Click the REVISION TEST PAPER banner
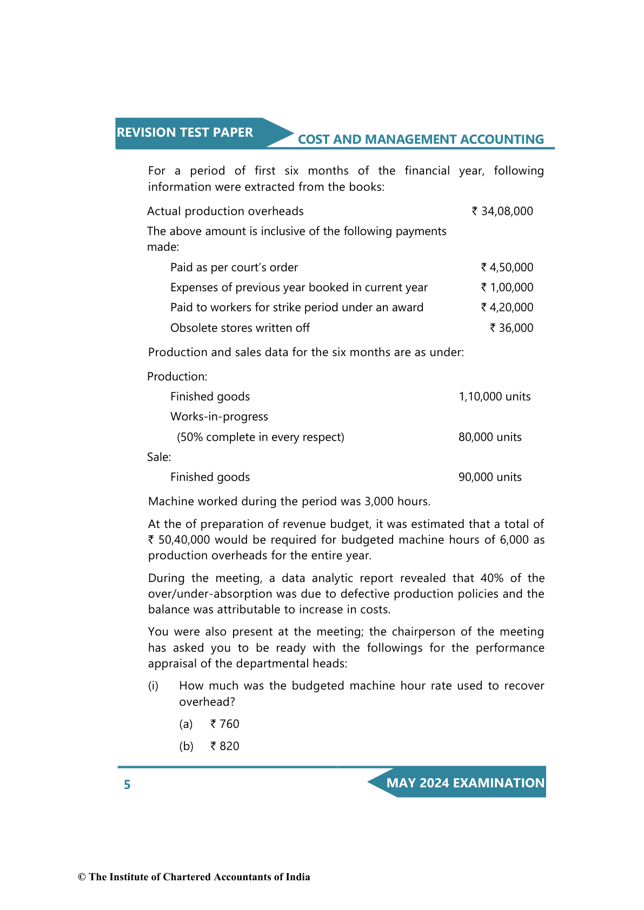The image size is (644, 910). click(185, 132)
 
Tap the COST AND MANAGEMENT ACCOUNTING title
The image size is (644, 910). click(420, 139)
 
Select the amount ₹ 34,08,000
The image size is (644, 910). click(502, 211)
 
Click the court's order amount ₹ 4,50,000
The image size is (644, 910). click(507, 267)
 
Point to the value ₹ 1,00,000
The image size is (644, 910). click(507, 287)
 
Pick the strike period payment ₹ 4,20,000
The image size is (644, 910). click(507, 307)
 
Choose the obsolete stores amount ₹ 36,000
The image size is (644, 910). click(512, 328)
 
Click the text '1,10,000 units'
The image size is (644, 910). click(494, 397)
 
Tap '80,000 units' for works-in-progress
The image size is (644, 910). click(490, 437)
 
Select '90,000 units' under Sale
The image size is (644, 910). click(490, 477)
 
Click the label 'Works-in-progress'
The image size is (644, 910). click(219, 417)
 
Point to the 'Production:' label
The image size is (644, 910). click(177, 377)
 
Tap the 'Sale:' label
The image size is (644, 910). click(159, 457)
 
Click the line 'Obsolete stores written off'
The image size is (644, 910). click(240, 328)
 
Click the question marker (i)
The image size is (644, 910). click(154, 686)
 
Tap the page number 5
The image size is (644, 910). click(127, 785)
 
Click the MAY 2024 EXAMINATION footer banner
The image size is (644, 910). click(465, 783)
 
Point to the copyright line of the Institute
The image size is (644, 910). click(194, 877)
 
